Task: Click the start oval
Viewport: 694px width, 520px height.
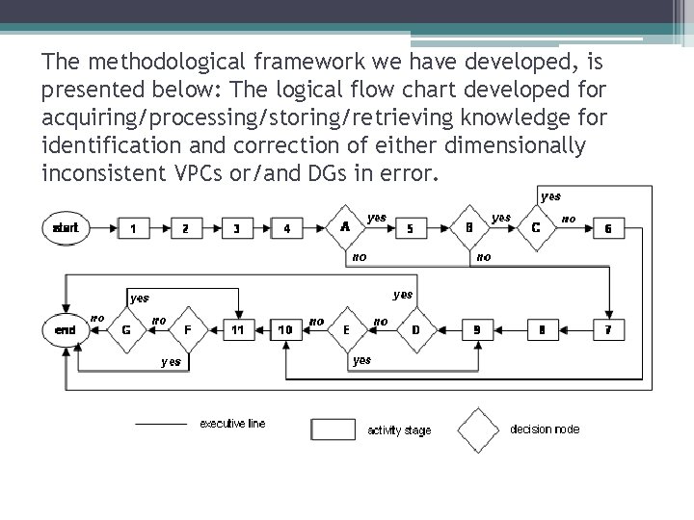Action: click(x=66, y=228)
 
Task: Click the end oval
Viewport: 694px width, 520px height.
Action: click(x=66, y=330)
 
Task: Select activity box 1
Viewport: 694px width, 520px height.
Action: click(x=133, y=228)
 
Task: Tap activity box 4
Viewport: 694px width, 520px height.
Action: click(x=287, y=228)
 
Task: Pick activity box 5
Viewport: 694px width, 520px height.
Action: click(x=411, y=228)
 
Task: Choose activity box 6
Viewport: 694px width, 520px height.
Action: click(x=607, y=228)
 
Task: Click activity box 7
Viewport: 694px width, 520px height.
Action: click(x=607, y=330)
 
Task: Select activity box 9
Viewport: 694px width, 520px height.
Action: click(x=476, y=330)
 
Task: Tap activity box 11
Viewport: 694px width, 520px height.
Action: click(x=238, y=330)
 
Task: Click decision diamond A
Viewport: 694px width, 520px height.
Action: click(x=345, y=228)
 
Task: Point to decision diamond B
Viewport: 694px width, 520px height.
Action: click(x=468, y=228)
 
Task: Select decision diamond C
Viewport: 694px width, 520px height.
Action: click(x=536, y=228)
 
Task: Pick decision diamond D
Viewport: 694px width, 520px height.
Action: click(x=415, y=330)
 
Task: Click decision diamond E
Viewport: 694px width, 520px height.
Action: click(x=346, y=330)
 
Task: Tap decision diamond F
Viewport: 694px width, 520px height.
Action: click(x=187, y=330)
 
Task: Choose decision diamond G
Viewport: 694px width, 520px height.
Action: click(x=126, y=330)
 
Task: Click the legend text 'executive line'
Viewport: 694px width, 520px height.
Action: click(x=232, y=424)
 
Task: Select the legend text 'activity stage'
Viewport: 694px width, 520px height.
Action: click(x=399, y=429)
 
